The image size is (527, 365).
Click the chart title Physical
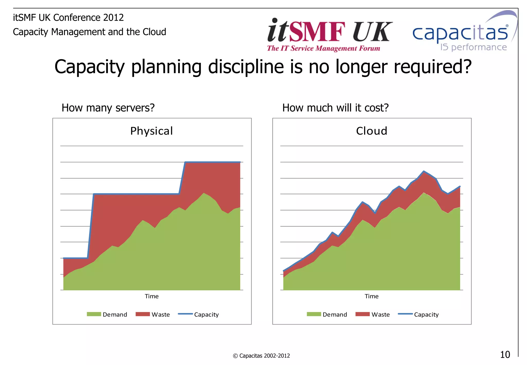[x=152, y=131]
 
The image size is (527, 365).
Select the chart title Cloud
[x=372, y=131]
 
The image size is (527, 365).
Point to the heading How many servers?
[x=108, y=108]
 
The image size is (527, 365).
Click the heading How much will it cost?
[x=335, y=108]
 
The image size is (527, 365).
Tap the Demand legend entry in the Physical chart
[x=107, y=314]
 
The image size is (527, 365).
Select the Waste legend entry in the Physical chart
[x=153, y=314]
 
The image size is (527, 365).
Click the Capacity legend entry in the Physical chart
[x=198, y=314]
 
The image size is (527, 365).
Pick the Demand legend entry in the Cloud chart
[x=327, y=314]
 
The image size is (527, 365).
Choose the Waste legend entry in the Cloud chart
[x=373, y=314]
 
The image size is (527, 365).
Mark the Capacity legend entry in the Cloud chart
[x=418, y=314]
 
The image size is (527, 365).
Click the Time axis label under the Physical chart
[x=152, y=296]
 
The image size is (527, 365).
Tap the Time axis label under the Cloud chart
[x=372, y=296]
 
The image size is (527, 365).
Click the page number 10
[x=505, y=355]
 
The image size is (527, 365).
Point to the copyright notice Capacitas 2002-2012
[x=261, y=356]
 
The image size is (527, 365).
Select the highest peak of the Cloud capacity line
[x=424, y=171]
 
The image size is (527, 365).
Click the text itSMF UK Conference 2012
[x=68, y=18]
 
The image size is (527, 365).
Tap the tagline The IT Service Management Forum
[x=323, y=48]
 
